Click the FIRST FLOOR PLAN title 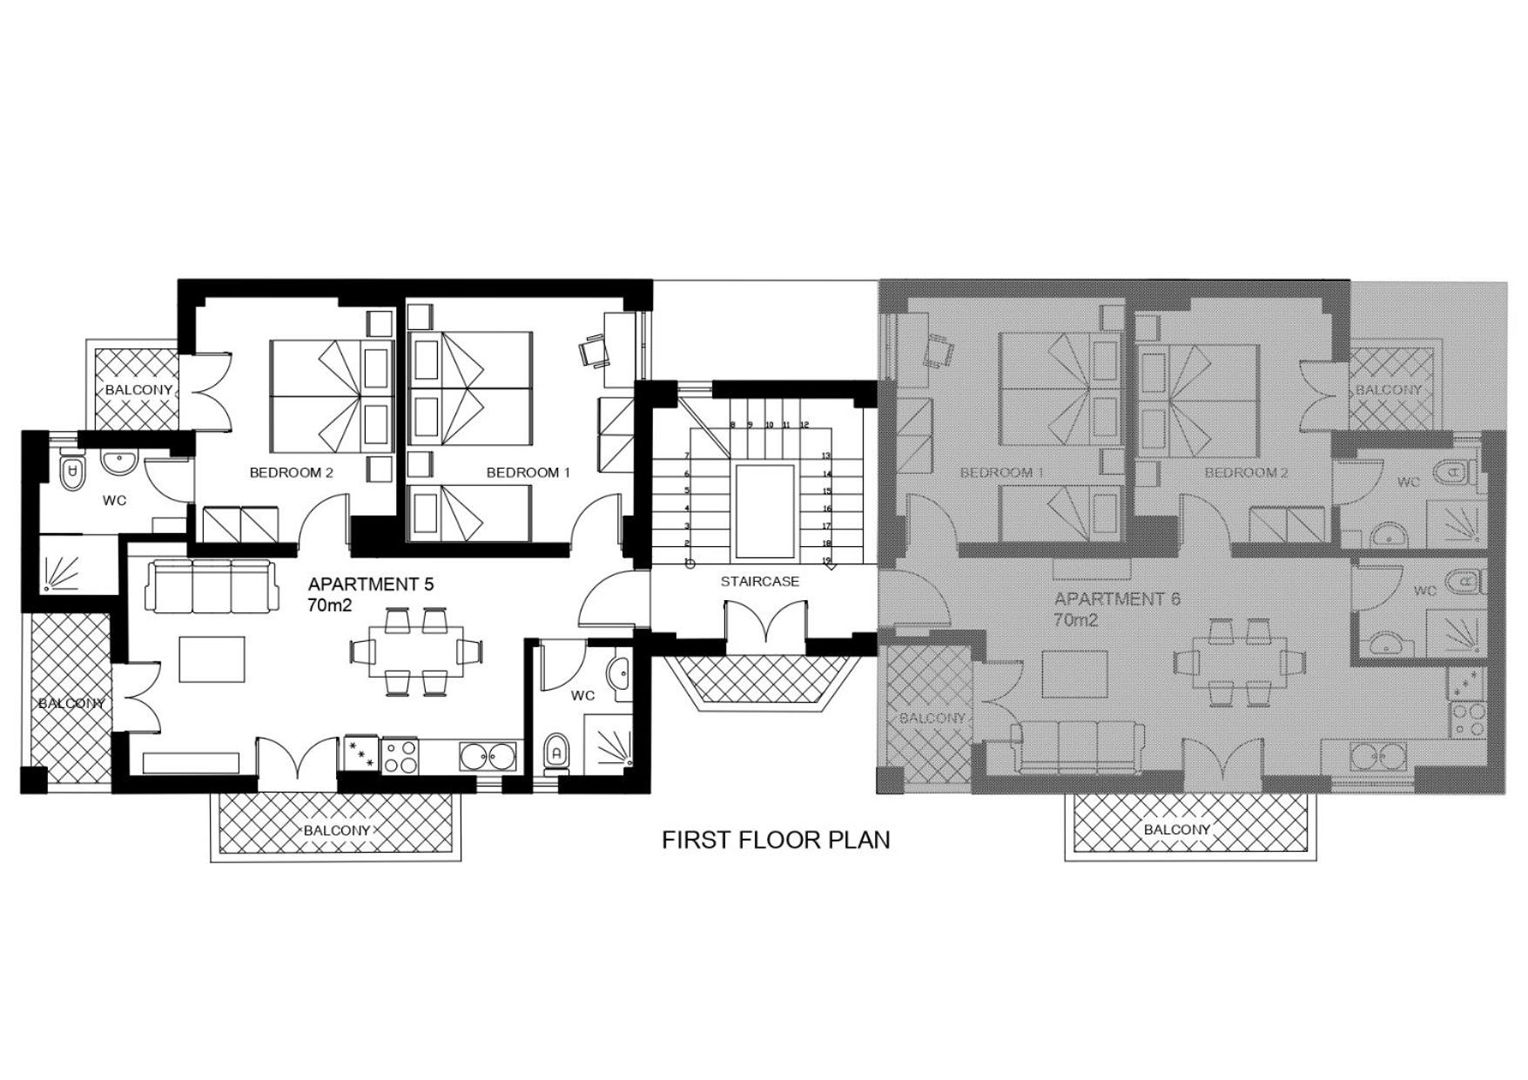(776, 840)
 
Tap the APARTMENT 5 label (371, 584)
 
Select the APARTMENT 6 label (1117, 599)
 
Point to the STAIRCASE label (759, 581)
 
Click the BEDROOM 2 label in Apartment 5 (292, 473)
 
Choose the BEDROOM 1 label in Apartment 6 (1002, 473)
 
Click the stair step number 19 (826, 561)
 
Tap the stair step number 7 (687, 456)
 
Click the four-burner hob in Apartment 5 (400, 755)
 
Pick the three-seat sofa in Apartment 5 (213, 585)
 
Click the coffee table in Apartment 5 (212, 658)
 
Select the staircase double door (764, 625)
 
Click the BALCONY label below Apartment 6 (1176, 830)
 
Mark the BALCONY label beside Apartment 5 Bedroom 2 (138, 390)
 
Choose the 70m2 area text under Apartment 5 (329, 605)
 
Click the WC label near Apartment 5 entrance (582, 695)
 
